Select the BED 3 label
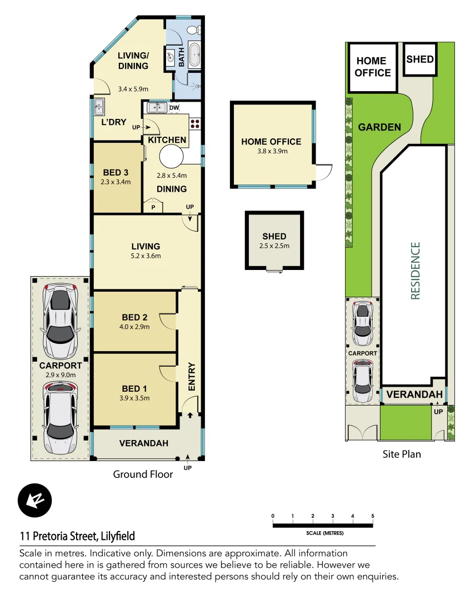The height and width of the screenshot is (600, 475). (x=116, y=172)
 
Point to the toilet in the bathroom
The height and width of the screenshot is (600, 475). (x=193, y=30)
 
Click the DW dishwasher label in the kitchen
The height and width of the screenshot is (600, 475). (x=174, y=107)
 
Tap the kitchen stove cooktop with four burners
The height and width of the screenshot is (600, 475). (x=195, y=123)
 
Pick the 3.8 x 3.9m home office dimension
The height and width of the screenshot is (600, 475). (x=271, y=151)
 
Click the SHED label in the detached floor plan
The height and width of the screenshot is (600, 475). (x=274, y=237)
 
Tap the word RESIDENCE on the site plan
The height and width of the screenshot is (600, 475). (x=416, y=271)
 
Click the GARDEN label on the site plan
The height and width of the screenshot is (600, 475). (x=379, y=127)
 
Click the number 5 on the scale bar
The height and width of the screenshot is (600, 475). (x=373, y=516)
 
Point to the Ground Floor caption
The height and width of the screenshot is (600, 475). (x=143, y=474)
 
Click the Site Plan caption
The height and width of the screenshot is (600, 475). (x=402, y=454)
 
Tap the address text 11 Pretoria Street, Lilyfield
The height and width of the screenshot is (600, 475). (x=77, y=537)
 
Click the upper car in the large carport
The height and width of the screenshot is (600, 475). (x=60, y=321)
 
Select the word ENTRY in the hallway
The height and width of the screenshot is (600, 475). (x=192, y=377)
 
